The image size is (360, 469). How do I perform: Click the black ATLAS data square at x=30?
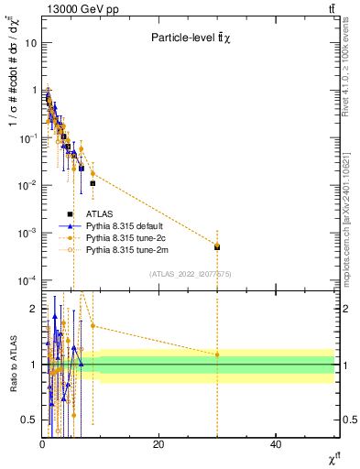217,246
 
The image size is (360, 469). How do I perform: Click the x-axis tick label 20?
158,443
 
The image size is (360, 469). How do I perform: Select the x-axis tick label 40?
276,443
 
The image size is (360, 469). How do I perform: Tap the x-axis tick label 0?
42,443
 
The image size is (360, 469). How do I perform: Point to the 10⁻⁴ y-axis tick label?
28,279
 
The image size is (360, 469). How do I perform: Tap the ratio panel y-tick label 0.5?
29,420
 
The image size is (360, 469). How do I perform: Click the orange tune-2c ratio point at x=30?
217,354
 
